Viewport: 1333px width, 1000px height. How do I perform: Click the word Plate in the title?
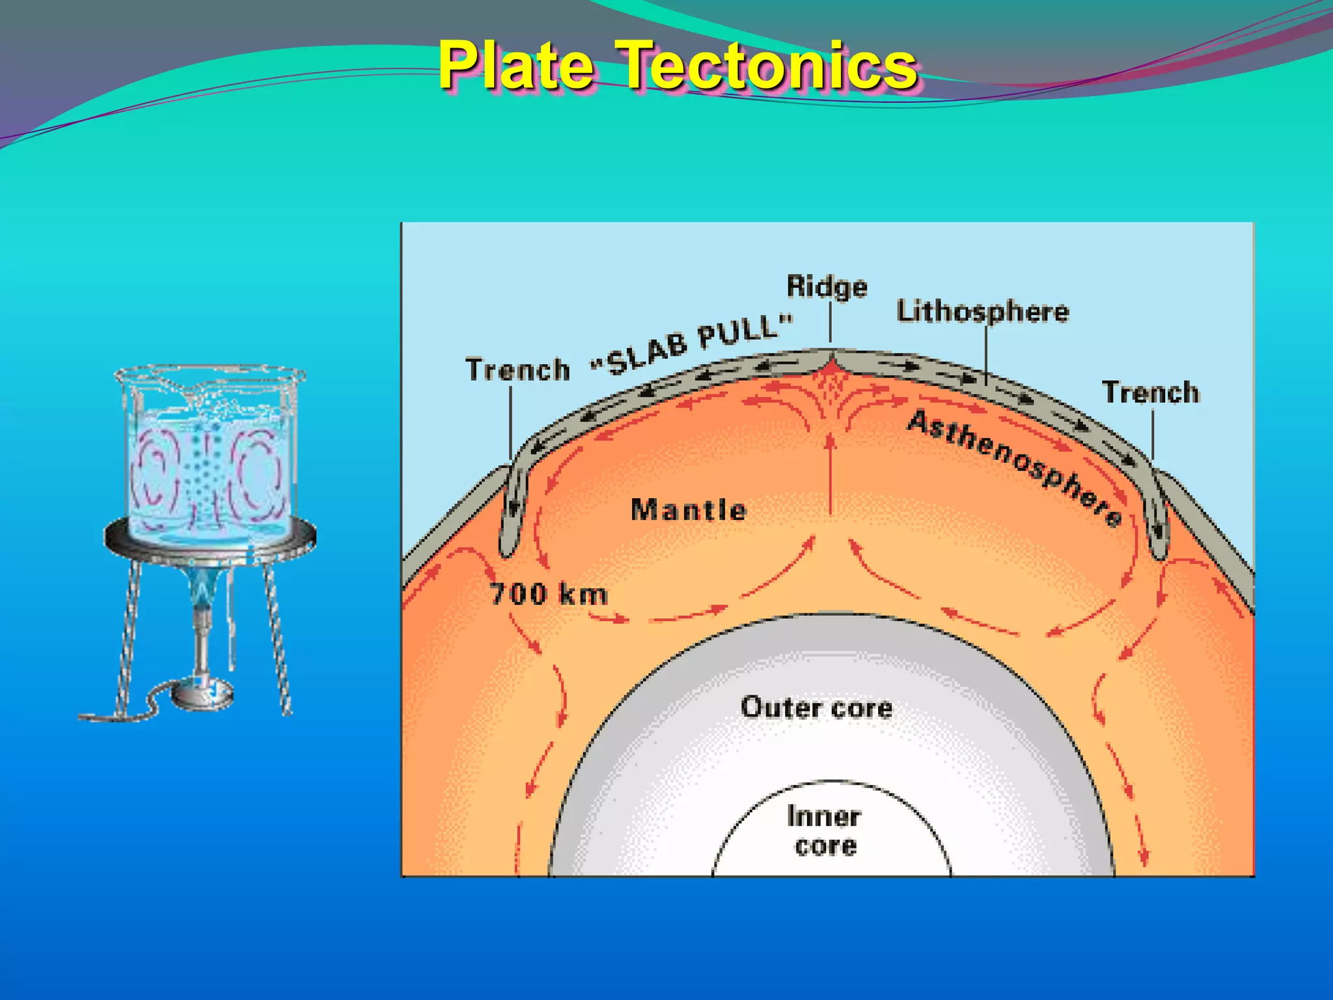[x=515, y=65]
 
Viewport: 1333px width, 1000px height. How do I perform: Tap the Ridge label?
[x=827, y=286]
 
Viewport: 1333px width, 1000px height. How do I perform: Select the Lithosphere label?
[x=982, y=312]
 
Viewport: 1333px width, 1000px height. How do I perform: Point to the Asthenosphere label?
[x=1015, y=467]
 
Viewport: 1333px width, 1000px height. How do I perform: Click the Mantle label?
[x=689, y=510]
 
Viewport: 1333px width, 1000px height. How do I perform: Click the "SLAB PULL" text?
[x=693, y=344]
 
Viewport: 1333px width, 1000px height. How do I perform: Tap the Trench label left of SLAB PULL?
[x=517, y=370]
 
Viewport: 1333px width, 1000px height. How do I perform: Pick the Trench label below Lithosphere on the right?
[x=1150, y=393]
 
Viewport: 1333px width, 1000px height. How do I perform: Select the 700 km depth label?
[x=548, y=594]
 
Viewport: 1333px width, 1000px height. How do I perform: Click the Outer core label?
[x=816, y=708]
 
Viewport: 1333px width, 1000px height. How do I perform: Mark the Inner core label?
[x=825, y=831]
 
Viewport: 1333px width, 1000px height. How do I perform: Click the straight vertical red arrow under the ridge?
[x=830, y=475]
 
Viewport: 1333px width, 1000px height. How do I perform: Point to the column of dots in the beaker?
[x=206, y=475]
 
